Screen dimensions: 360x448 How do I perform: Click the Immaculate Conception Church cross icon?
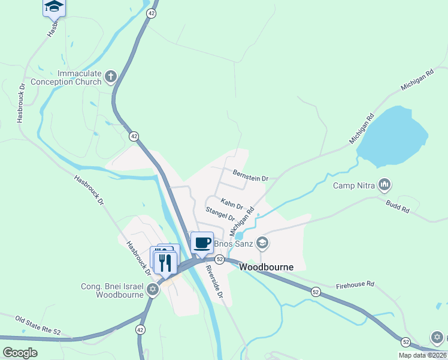tap(110, 76)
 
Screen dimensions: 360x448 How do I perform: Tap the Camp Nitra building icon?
tap(385, 184)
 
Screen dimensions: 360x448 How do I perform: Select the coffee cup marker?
tap(202, 242)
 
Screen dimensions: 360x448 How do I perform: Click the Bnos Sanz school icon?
tap(262, 243)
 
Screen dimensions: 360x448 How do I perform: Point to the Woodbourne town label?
tap(266, 267)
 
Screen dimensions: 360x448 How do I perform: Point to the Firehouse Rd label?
tap(355, 284)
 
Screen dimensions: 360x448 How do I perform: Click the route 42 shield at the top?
tap(152, 13)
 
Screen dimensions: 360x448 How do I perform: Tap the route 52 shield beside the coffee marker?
tap(220, 259)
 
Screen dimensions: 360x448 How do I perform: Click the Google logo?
tap(19, 353)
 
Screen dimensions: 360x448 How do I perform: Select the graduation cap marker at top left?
tap(54, 7)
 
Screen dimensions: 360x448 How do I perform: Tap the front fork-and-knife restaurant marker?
tap(164, 262)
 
